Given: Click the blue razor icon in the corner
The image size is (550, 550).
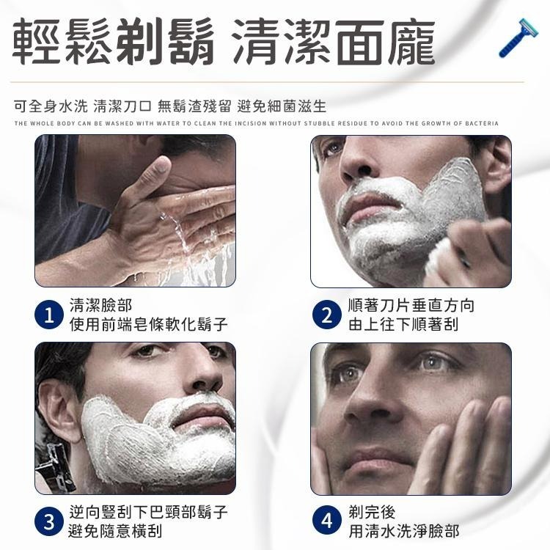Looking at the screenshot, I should click(x=518, y=38).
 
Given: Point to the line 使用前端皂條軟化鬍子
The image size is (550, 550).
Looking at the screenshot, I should click(x=148, y=324).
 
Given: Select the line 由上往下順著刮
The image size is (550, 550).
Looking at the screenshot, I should click(x=403, y=324).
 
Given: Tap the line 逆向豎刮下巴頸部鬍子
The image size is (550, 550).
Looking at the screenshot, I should click(x=148, y=512).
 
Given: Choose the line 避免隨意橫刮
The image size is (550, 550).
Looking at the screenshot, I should click(x=115, y=531).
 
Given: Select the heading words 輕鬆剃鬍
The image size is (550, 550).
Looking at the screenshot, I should click(x=114, y=43).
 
